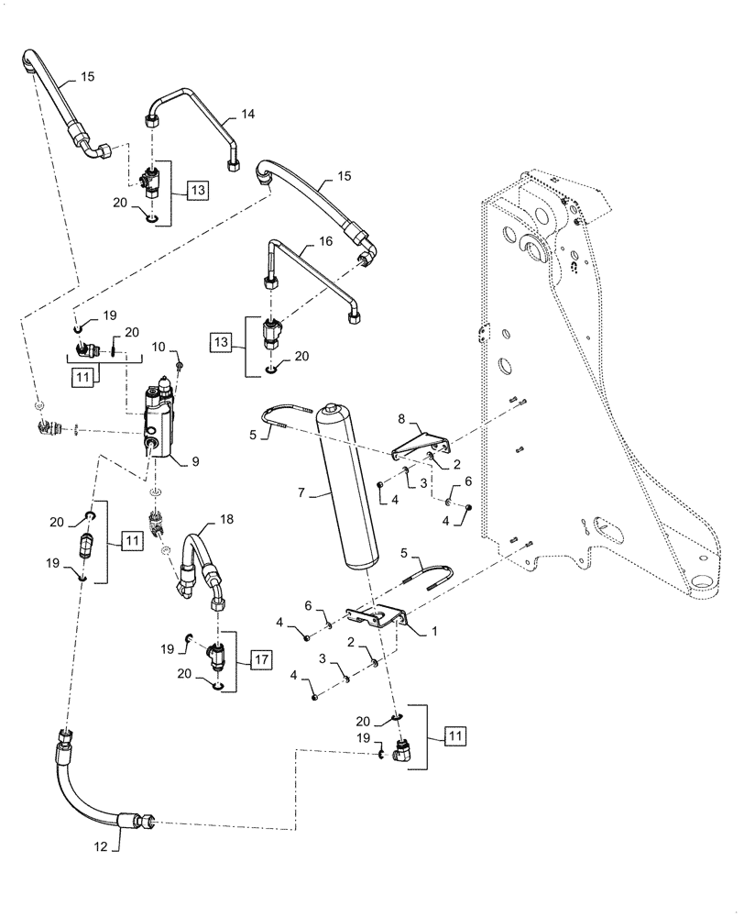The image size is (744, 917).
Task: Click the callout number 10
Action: (158, 347)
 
